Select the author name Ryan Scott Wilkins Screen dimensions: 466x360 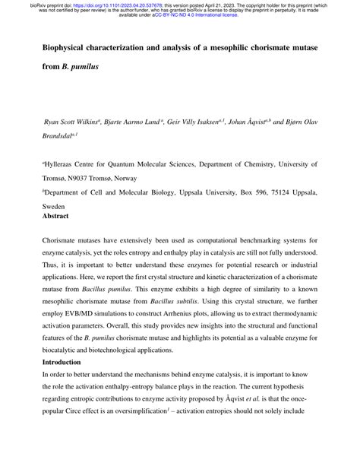(76, 120)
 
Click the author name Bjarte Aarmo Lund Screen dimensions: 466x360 (150, 120)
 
